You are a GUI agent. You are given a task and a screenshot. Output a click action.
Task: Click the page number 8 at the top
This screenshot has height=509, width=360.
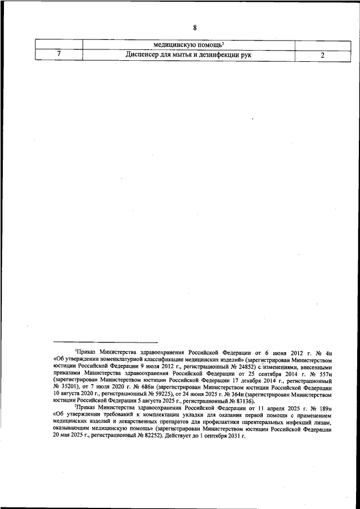point(195,28)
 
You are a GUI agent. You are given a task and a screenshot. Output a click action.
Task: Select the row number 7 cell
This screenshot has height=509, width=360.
point(58,55)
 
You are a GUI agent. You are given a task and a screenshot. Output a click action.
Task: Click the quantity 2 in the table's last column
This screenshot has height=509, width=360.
point(322,55)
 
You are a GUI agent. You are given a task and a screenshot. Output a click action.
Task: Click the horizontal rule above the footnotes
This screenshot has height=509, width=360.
point(105,341)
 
